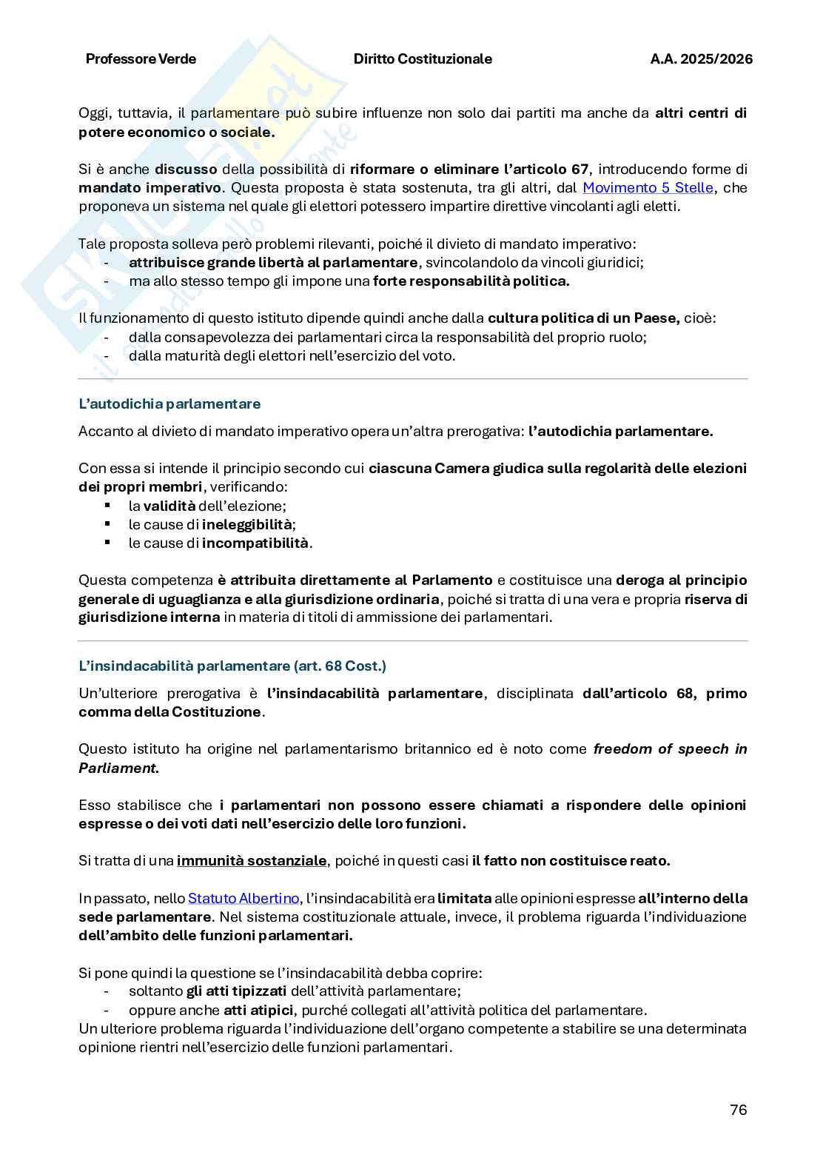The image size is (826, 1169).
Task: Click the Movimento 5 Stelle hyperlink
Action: tap(648, 188)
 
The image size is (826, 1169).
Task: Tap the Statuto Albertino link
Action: tap(243, 899)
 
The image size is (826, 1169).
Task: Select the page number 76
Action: tap(738, 1110)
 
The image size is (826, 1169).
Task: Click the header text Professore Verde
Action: tap(141, 59)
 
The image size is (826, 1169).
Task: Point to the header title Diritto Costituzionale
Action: tap(423, 59)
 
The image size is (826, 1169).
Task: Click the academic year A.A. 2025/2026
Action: tap(701, 59)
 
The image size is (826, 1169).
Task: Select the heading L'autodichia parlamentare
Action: tap(169, 404)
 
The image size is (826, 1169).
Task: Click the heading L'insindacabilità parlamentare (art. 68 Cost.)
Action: tap(232, 666)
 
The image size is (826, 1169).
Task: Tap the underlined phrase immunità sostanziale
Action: tap(252, 861)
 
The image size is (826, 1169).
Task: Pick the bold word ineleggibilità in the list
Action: tap(248, 525)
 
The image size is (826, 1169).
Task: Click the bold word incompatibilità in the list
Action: tap(255, 543)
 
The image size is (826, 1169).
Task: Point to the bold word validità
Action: tap(169, 506)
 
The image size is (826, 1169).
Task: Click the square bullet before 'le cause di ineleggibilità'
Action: tap(107, 524)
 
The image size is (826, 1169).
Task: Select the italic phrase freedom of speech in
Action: tap(670, 749)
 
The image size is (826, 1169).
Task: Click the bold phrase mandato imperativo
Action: tap(150, 188)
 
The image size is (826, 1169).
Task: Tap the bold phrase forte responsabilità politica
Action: tap(471, 281)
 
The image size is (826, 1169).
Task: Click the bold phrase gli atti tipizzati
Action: tap(236, 991)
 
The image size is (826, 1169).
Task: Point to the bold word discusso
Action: tap(186, 169)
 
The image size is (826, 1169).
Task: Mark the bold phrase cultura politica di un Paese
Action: tap(584, 318)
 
